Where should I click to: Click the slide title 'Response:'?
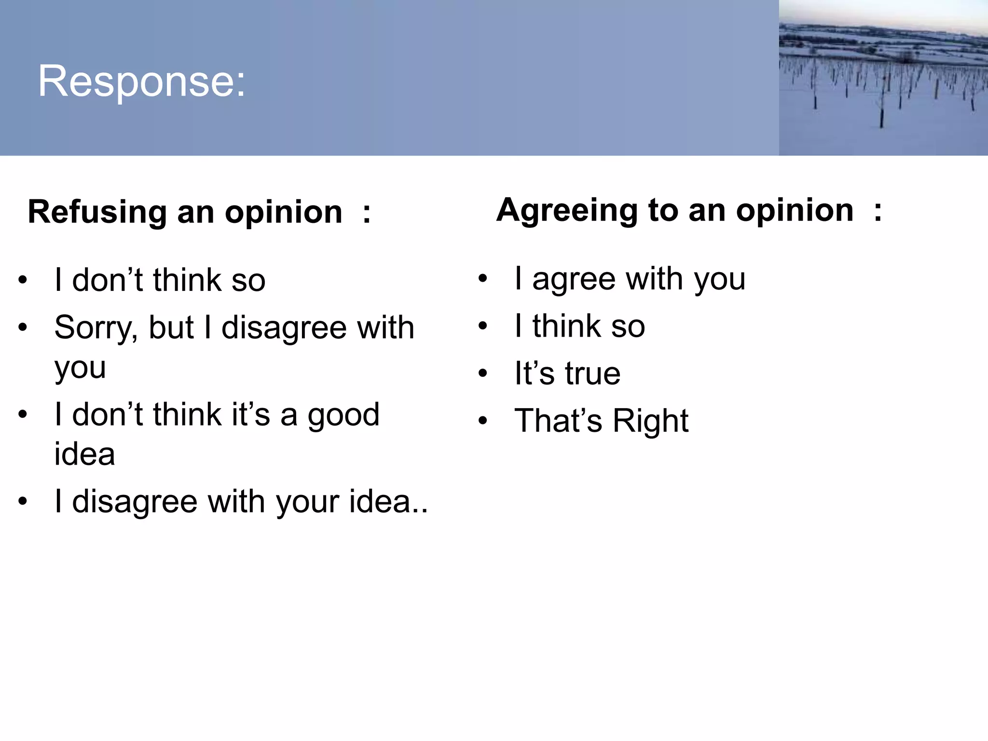pos(142,81)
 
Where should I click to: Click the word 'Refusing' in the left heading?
pos(97,212)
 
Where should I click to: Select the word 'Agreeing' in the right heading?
pos(566,211)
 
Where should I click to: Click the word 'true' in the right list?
pos(592,373)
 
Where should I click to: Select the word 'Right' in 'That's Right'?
pos(650,421)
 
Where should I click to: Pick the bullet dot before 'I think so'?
pos(483,326)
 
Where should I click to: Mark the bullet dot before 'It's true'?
pos(483,373)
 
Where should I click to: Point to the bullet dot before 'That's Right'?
pos(483,421)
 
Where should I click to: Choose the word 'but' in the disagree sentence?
pos(171,328)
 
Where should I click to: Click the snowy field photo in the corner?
pos(883,78)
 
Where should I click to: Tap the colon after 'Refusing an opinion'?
pos(367,213)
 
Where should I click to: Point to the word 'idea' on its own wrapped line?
pos(84,454)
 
